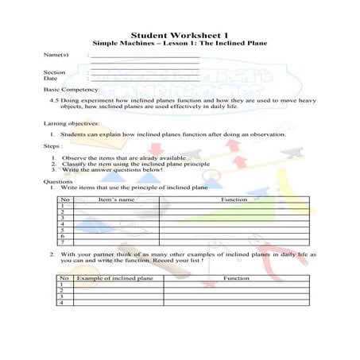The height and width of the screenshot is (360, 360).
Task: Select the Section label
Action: coord(54,72)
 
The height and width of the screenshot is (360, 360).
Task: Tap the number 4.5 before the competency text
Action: coord(55,102)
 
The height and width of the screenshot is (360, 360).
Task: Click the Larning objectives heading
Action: coord(72,125)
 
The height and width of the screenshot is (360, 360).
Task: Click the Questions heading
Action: coord(57,181)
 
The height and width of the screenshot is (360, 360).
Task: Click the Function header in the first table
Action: coord(234,199)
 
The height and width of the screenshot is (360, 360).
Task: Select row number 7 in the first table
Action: coord(62,242)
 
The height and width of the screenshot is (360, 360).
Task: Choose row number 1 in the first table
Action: coord(62,206)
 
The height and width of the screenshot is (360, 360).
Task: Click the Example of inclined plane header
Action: coord(117,279)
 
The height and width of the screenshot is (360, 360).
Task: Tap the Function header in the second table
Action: coord(236,279)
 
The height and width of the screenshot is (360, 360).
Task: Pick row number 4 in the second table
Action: coord(62,303)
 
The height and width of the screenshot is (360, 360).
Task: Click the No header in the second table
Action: coord(63,279)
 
